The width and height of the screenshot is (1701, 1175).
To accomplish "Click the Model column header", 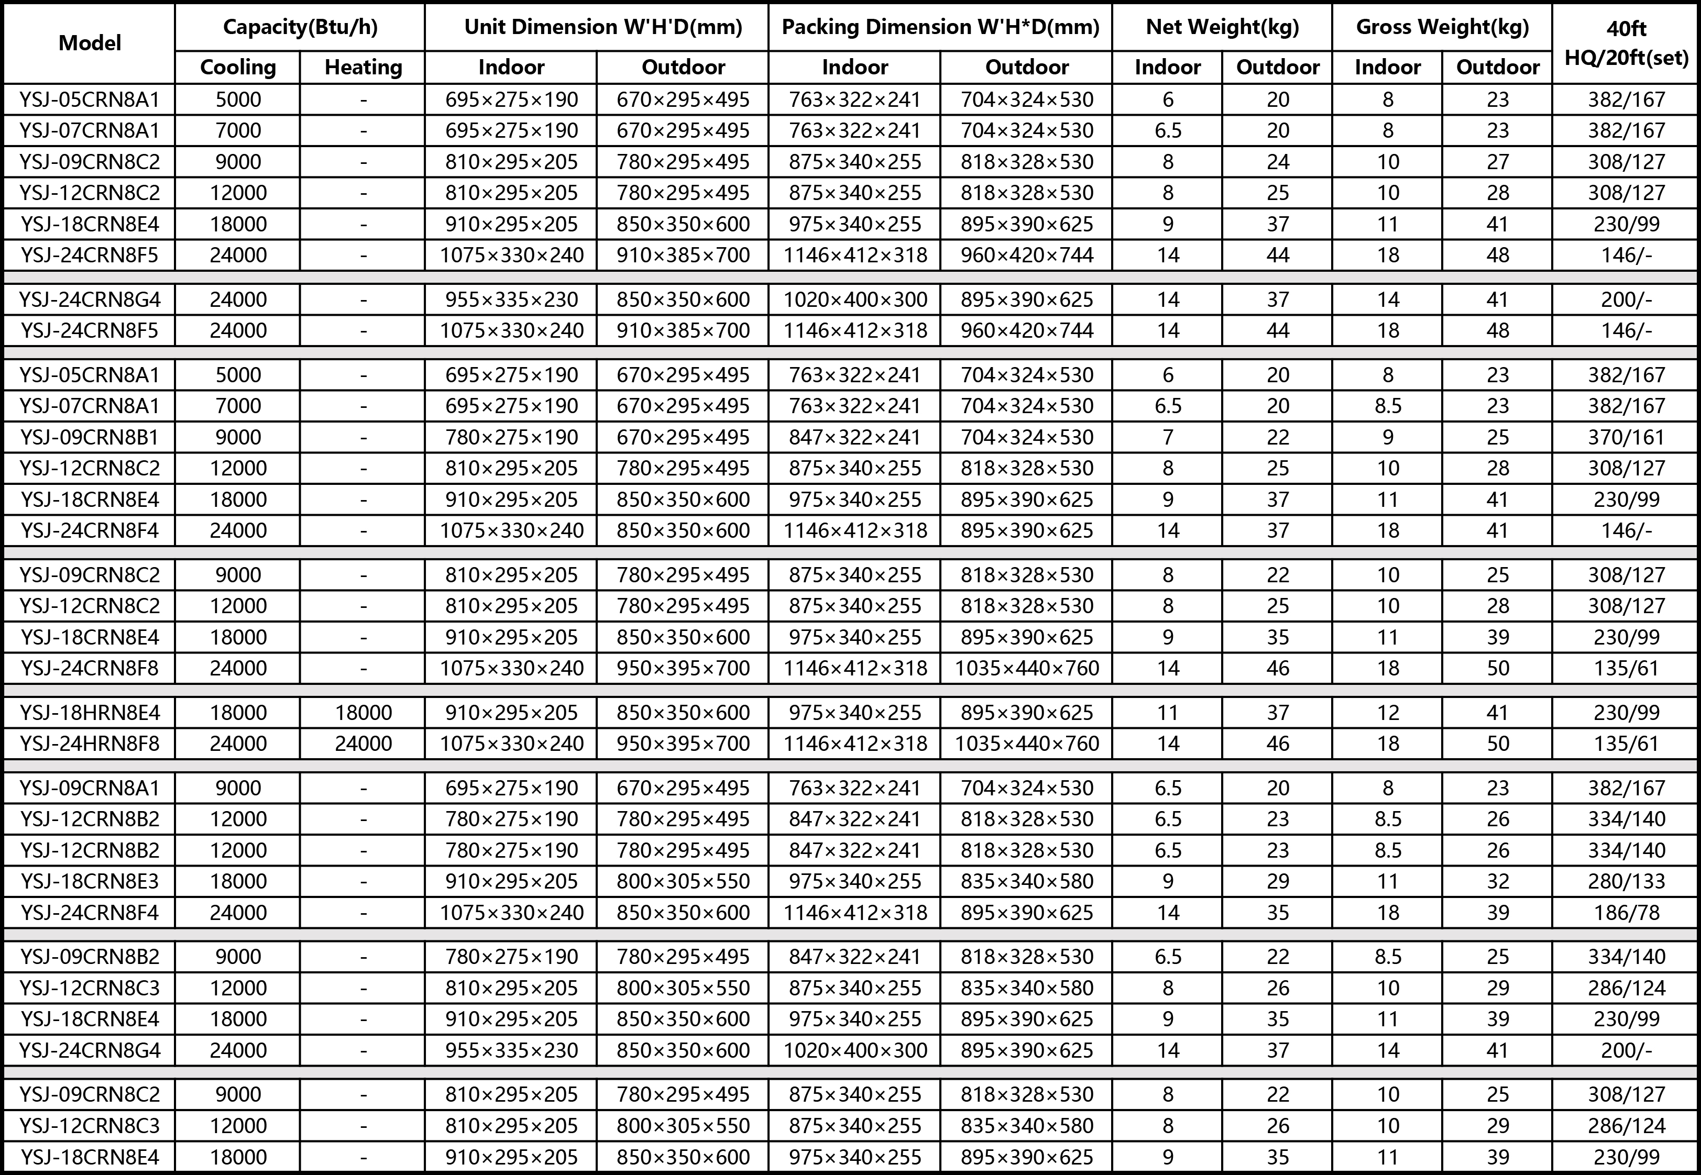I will (x=89, y=43).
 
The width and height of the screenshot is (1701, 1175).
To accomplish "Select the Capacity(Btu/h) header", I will (x=300, y=27).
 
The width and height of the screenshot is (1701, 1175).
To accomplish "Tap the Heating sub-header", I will (x=363, y=67).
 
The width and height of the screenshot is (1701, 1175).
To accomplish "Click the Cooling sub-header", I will (x=238, y=67).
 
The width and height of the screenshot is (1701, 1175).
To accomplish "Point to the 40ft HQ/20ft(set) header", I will (x=1626, y=43).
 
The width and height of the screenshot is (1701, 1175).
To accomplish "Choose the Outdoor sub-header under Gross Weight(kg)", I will (x=1497, y=67).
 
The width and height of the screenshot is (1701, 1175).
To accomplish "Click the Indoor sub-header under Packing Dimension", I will (x=854, y=67).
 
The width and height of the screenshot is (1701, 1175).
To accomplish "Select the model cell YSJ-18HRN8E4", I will (x=89, y=712).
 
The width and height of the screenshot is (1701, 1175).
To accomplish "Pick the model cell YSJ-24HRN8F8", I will (x=89, y=743).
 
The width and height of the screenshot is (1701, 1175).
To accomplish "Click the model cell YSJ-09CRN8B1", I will (x=89, y=437).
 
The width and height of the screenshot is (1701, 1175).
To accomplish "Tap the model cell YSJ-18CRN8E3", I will (x=89, y=881).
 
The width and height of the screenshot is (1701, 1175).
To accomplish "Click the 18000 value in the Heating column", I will (x=363, y=712).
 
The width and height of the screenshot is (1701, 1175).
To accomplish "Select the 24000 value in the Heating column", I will (x=363, y=743).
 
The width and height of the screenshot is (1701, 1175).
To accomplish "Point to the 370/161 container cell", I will (x=1626, y=437).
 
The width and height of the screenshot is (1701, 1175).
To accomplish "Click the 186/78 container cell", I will (x=1626, y=912).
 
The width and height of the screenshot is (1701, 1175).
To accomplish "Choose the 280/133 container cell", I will (x=1626, y=881).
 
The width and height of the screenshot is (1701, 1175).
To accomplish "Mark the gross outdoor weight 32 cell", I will (x=1497, y=881).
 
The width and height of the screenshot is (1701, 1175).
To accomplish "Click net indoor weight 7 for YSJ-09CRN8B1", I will (x=1167, y=437).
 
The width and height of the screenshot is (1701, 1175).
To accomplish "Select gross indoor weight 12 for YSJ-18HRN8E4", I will (x=1387, y=712).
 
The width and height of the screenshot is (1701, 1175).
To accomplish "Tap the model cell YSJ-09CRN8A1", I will (x=89, y=788).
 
